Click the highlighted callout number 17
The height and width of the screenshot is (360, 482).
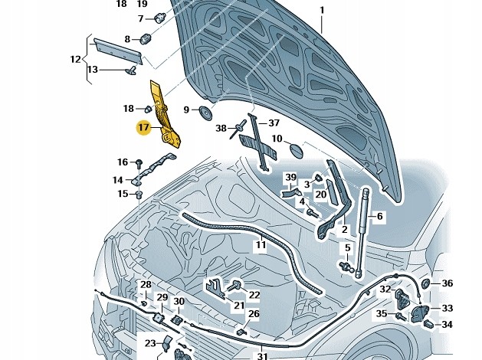pyautogui.click(x=144, y=127)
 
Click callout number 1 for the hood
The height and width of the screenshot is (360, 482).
pyautogui.click(x=322, y=11)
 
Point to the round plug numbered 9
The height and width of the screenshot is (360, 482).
pyautogui.click(x=205, y=113)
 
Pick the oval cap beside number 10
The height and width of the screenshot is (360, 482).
pyautogui.click(x=296, y=151)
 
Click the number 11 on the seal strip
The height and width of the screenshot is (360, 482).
pyautogui.click(x=261, y=245)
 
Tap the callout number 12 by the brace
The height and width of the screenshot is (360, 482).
pyautogui.click(x=75, y=59)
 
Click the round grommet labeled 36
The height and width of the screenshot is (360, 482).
pyautogui.click(x=425, y=284)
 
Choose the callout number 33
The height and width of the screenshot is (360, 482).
pyautogui.click(x=448, y=308)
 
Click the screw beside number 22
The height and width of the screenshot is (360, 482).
pyautogui.click(x=234, y=286)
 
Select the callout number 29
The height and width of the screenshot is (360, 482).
pyautogui.click(x=162, y=297)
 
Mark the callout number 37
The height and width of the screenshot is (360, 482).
pyautogui.click(x=274, y=123)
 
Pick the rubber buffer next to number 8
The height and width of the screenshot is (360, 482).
pyautogui.click(x=146, y=38)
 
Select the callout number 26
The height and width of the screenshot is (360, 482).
pyautogui.click(x=254, y=313)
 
